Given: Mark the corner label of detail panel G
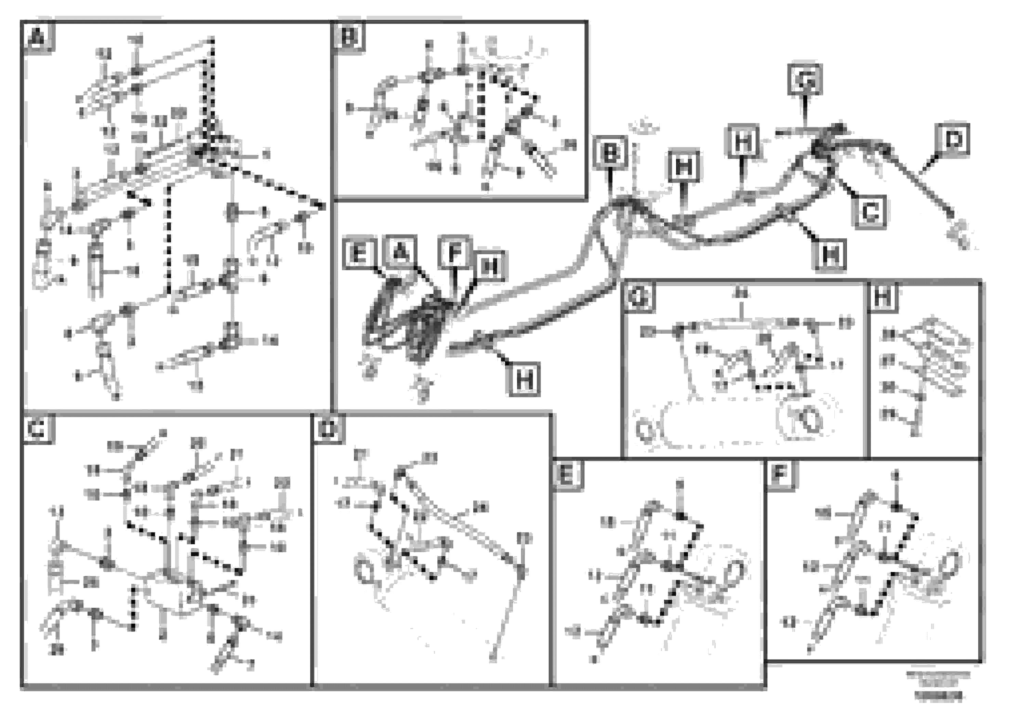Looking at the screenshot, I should pyautogui.click(x=639, y=297).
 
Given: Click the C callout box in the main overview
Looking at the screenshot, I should pyautogui.click(x=870, y=211).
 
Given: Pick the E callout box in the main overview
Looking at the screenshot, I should pyautogui.click(x=359, y=254).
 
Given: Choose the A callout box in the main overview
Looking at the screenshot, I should pyautogui.click(x=400, y=253).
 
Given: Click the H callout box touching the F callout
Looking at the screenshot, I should pyautogui.click(x=489, y=266).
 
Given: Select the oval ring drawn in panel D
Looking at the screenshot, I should pyautogui.click(x=365, y=571).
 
